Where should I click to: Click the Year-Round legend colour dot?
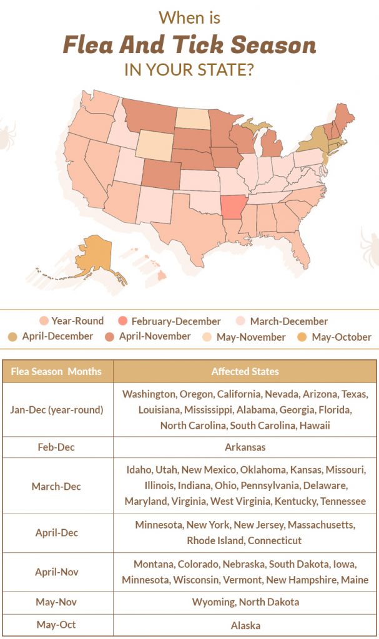[44, 321]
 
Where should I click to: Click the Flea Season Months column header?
[57, 371]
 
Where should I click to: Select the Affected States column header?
[245, 371]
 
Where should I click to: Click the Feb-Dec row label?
[57, 447]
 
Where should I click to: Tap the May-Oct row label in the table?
[57, 625]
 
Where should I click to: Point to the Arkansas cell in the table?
[245, 447]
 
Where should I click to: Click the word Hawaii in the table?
[315, 426]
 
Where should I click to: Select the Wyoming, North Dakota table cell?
[245, 602]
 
